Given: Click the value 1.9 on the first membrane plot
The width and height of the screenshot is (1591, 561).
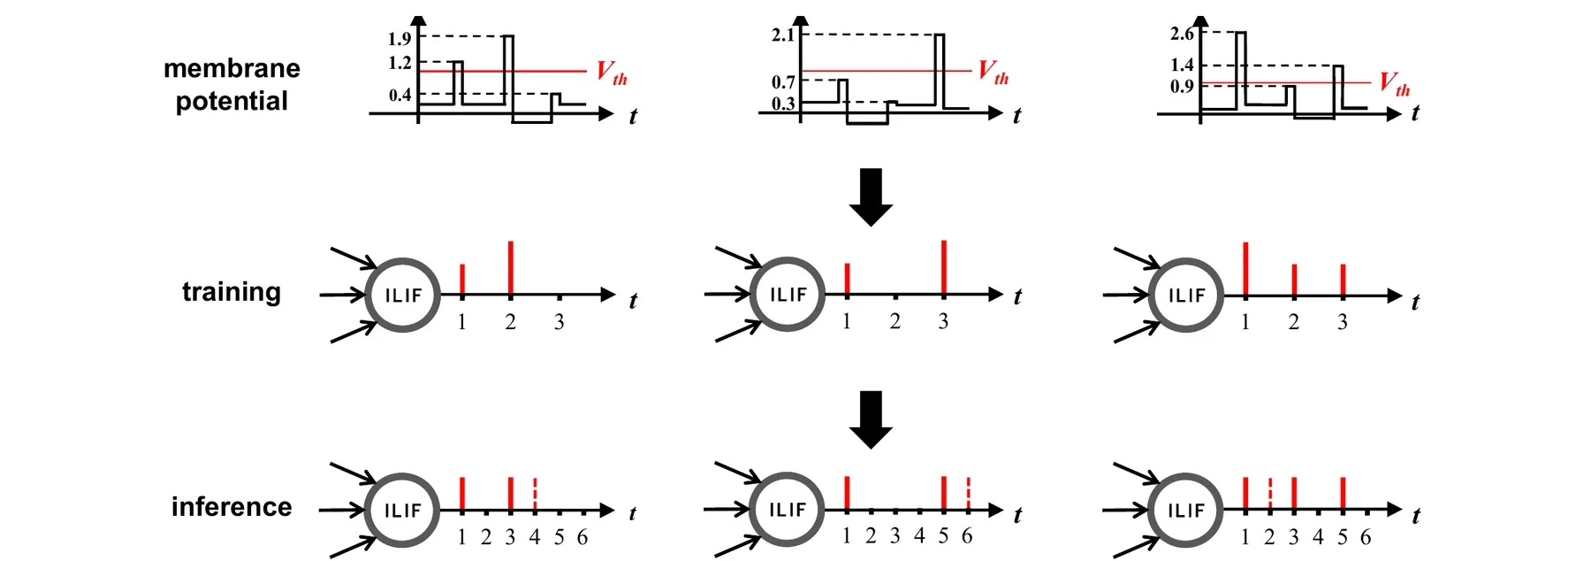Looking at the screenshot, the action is click(400, 39).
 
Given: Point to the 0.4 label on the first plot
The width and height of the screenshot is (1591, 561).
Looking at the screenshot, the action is click(400, 95).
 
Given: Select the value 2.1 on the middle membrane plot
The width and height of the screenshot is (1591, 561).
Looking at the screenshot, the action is click(783, 35).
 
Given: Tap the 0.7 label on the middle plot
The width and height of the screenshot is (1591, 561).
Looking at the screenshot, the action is click(783, 82).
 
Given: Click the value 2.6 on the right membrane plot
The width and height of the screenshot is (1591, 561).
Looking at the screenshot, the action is click(1182, 34).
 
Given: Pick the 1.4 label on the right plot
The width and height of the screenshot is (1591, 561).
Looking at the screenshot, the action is click(1182, 65).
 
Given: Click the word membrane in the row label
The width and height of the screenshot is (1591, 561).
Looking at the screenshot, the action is click(232, 68).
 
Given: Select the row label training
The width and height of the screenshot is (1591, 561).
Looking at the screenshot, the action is click(232, 292).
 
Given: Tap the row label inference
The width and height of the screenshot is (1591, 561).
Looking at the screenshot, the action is click(232, 507).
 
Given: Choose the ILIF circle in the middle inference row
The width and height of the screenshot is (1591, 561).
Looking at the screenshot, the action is click(787, 475).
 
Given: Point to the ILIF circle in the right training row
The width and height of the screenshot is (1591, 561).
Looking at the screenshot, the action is click(1186, 261).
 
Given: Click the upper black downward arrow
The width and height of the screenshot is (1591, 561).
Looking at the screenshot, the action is click(871, 196).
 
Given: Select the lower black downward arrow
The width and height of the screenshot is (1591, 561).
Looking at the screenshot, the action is click(871, 419).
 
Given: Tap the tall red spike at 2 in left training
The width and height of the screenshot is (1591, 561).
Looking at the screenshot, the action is click(511, 268).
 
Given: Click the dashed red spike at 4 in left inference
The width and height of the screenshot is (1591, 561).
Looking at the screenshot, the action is click(535, 495).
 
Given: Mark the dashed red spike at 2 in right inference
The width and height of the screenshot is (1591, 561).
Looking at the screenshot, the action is click(1270, 495).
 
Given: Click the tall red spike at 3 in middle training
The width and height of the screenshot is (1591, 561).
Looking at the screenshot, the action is click(944, 267).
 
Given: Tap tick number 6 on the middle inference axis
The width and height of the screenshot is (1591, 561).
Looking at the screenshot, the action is click(967, 536).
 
